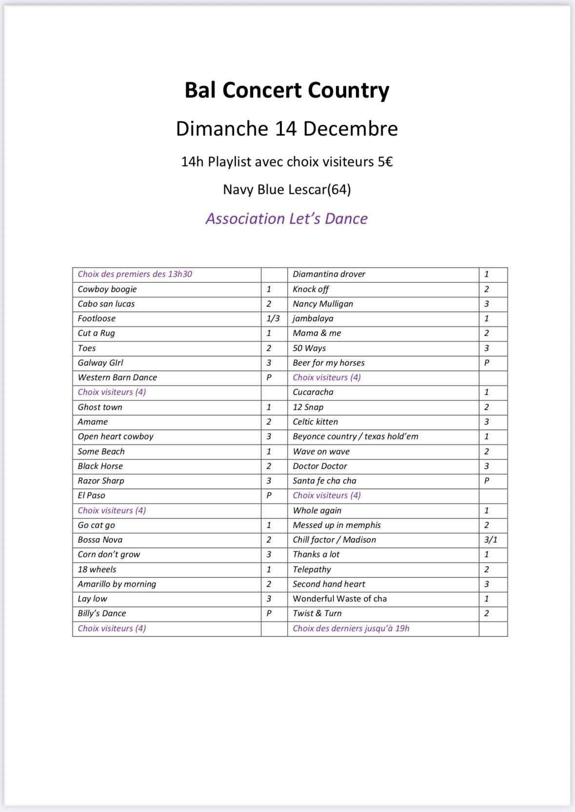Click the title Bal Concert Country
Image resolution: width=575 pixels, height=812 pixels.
pyautogui.click(x=287, y=90)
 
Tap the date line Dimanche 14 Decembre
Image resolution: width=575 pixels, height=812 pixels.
pyautogui.click(x=287, y=129)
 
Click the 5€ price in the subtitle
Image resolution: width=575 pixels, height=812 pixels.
pyautogui.click(x=385, y=162)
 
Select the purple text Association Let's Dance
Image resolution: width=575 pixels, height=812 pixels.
pyautogui.click(x=287, y=218)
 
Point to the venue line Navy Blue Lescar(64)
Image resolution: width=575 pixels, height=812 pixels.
pyautogui.click(x=287, y=189)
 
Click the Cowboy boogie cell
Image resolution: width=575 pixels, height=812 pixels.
pyautogui.click(x=107, y=289)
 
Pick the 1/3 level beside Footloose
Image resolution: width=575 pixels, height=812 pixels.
pyautogui.click(x=273, y=318)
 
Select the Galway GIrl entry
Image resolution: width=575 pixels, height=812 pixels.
pyautogui.click(x=100, y=363)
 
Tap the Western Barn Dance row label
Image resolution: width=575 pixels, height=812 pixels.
pyautogui.click(x=118, y=377)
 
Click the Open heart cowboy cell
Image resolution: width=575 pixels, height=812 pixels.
pyautogui.click(x=116, y=436)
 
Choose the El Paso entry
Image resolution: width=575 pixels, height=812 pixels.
pyautogui.click(x=92, y=495)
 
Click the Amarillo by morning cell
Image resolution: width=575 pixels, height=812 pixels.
pyautogui.click(x=117, y=584)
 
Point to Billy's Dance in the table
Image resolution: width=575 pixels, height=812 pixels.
pyautogui.click(x=102, y=613)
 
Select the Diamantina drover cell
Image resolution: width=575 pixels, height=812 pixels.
pyautogui.click(x=329, y=274)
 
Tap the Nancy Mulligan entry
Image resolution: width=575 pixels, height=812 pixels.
pyautogui.click(x=323, y=304)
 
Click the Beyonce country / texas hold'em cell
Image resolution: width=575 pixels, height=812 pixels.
pyautogui.click(x=356, y=436)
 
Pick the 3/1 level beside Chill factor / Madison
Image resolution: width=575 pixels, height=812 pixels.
pyautogui.click(x=491, y=540)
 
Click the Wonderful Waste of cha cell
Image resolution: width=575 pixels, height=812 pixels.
pyautogui.click(x=340, y=599)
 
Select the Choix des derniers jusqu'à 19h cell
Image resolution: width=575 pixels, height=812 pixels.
pyautogui.click(x=351, y=628)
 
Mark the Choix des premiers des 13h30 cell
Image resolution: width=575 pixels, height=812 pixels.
pyautogui.click(x=135, y=274)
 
